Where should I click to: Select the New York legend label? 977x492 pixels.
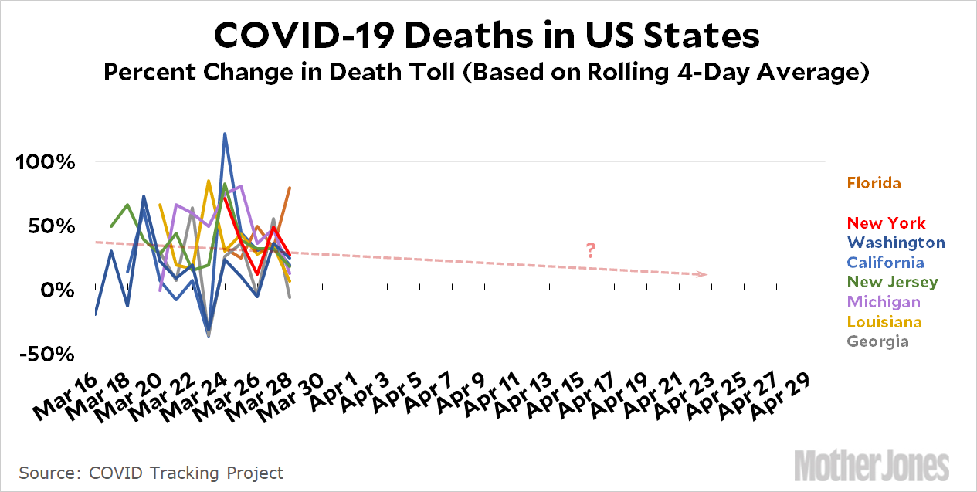886,223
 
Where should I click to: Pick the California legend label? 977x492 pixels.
891,263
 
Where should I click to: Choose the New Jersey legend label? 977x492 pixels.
893,282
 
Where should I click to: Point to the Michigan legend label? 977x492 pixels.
884,302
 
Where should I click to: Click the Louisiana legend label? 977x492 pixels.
884,321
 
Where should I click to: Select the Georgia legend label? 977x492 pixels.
878,341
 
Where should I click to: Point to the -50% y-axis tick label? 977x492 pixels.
47,355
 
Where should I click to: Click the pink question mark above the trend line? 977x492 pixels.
591,250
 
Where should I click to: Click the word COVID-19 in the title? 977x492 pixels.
293,36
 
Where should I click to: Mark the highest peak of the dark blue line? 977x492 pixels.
224,134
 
